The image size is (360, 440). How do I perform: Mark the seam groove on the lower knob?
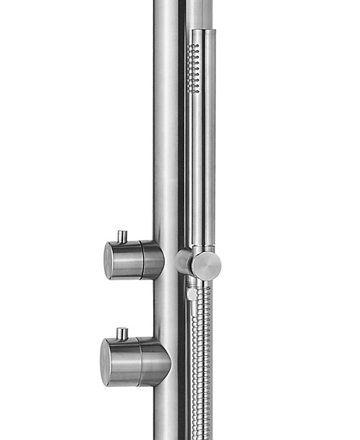coord(138,361)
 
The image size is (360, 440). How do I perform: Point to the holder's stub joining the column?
coord(182,261)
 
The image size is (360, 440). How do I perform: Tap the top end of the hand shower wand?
coord(203,32)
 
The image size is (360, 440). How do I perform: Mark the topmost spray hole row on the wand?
coord(193,46)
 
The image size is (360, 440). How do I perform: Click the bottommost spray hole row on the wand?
coord(193,92)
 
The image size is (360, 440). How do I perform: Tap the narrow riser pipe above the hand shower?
coord(199,13)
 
